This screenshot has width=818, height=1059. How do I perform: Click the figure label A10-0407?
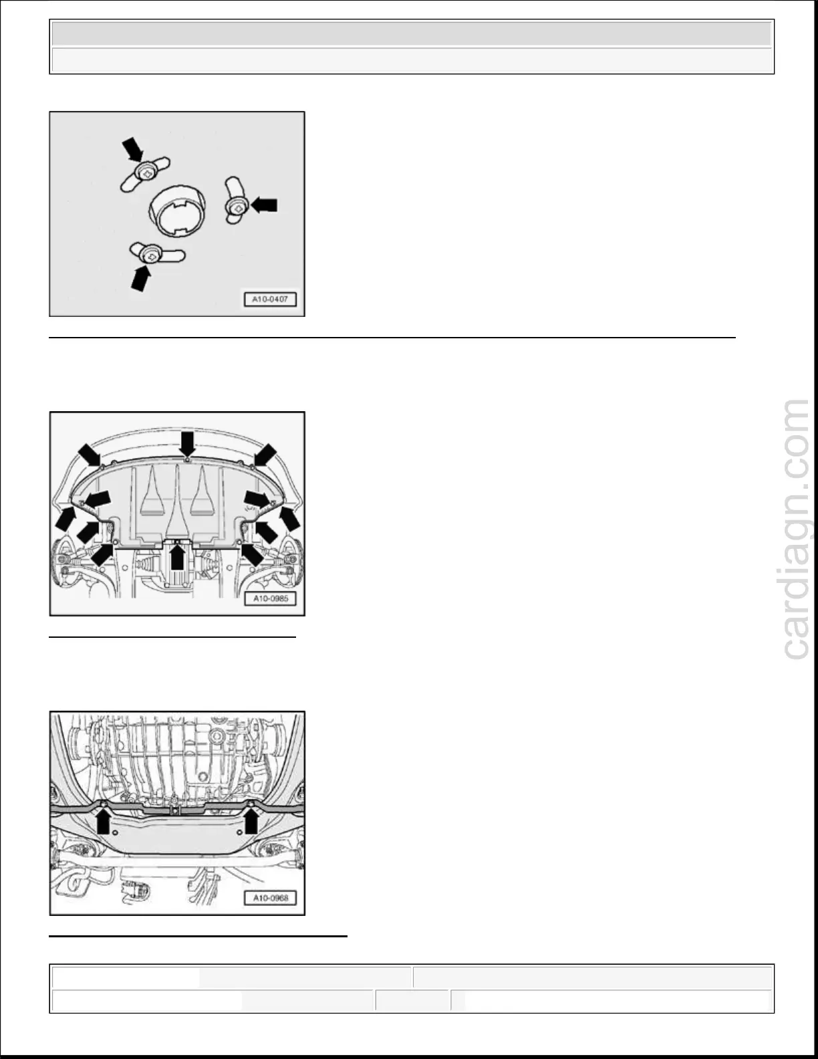click(270, 300)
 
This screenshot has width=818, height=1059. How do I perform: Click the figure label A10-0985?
click(270, 598)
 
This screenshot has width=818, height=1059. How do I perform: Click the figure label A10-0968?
click(270, 898)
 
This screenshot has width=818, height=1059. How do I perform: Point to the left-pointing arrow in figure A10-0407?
click(264, 204)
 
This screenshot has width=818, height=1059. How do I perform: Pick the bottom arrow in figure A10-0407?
click(141, 277)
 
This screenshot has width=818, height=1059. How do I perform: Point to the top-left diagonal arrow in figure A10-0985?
click(89, 455)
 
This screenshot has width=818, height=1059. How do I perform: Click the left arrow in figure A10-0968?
click(102, 821)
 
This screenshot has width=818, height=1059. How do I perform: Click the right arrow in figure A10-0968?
click(251, 821)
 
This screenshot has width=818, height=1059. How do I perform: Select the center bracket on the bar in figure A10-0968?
click(175, 810)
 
